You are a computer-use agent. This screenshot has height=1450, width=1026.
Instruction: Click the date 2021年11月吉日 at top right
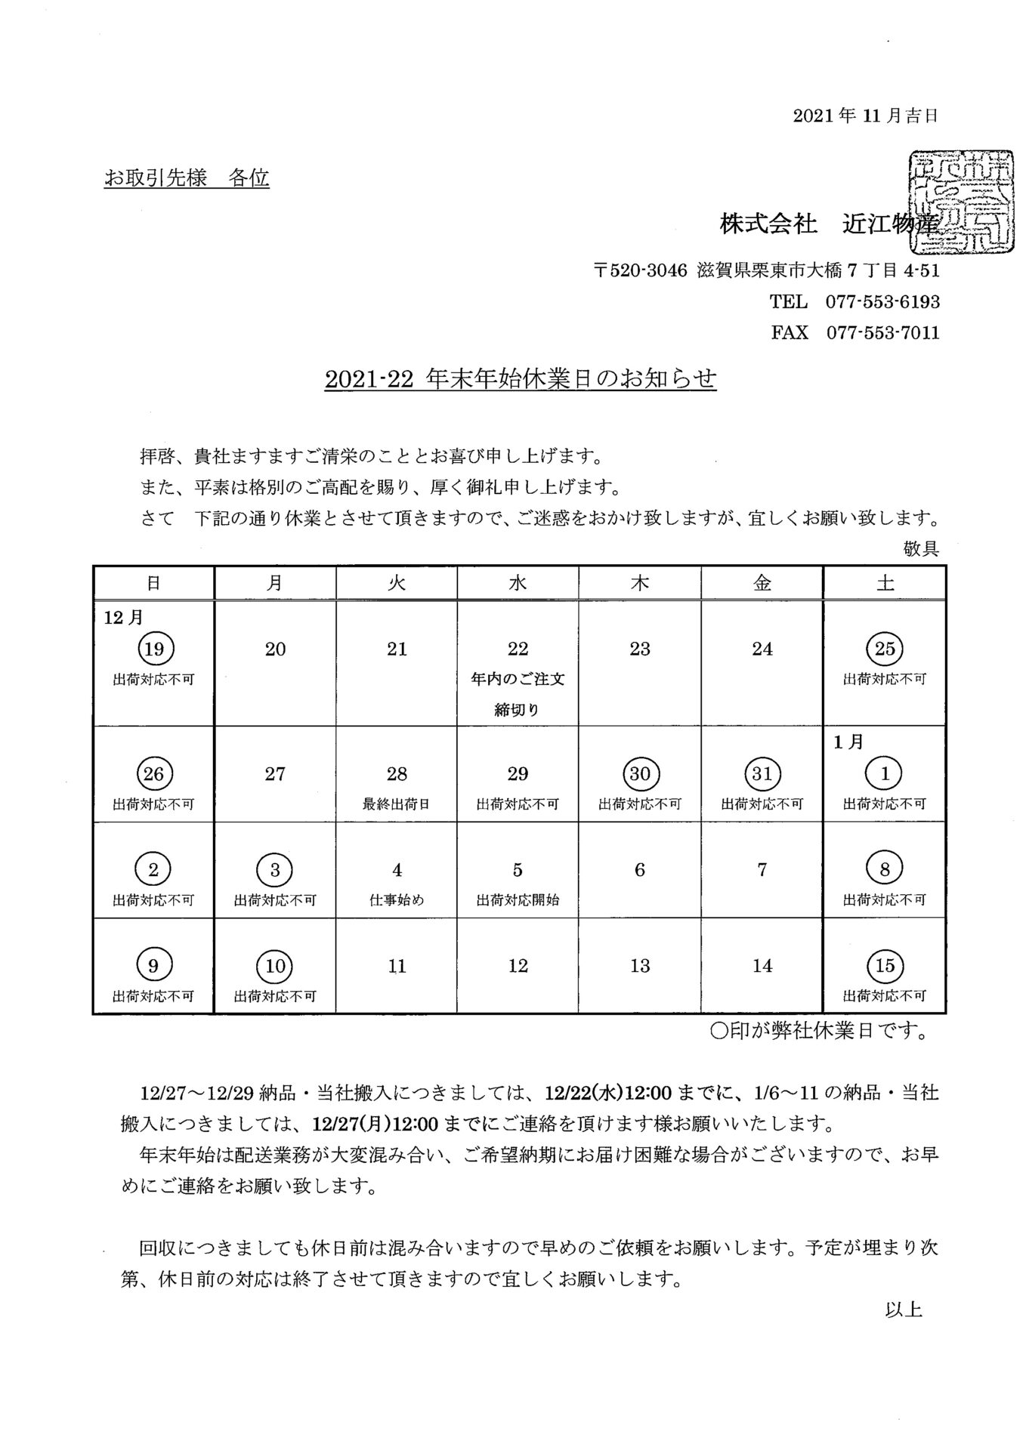[865, 116]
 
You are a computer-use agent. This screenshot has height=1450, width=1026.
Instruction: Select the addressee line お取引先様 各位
[187, 178]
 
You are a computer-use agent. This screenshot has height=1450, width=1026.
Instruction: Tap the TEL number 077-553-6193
[882, 302]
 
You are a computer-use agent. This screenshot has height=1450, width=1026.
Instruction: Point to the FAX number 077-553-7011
[882, 332]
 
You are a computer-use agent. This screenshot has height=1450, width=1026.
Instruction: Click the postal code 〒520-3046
[640, 270]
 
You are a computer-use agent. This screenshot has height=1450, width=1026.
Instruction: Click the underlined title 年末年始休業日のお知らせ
[570, 378]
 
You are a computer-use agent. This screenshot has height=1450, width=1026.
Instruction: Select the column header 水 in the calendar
[518, 583]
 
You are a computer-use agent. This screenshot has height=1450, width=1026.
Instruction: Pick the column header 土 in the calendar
[884, 583]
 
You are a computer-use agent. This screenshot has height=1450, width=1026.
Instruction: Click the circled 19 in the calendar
[154, 648]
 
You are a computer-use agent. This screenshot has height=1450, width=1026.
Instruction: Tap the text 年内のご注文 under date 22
[518, 679]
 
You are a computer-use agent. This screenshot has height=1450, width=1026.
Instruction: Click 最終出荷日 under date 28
[397, 804]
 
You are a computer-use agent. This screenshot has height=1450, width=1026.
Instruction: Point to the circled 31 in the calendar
[762, 773]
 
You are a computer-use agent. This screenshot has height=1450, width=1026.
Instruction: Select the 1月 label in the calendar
[849, 742]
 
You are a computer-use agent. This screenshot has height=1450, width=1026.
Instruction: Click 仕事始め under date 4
[397, 900]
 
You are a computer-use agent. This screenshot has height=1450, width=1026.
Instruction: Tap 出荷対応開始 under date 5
[518, 900]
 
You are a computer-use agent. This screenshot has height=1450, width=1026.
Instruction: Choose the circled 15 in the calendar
[884, 965]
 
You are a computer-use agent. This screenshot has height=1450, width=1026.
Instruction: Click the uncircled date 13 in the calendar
[640, 965]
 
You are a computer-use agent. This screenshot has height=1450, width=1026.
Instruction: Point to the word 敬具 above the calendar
[921, 549]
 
